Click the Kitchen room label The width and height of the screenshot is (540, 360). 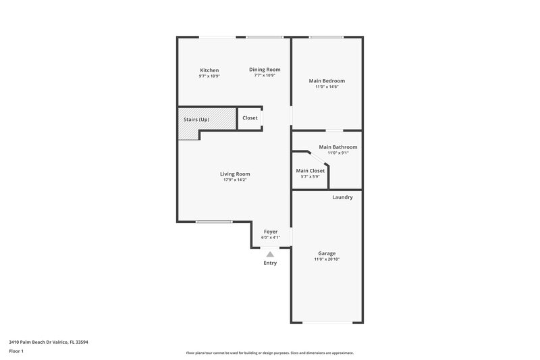coord(209,70)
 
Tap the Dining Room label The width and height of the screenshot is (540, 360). coord(265,70)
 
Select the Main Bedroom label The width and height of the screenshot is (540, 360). coord(326,81)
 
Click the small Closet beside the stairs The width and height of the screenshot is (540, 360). coord(250,118)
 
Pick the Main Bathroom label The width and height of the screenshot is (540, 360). coord(338,147)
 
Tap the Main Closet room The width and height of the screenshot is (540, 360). coord(310,171)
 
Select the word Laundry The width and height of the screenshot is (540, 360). coord(342,197)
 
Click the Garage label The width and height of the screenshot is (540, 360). coord(327,253)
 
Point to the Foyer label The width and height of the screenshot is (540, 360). coord(271,232)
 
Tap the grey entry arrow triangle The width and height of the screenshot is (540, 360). coord(270,254)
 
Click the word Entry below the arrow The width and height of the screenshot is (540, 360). coord(270,263)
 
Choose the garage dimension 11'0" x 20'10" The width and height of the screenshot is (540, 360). coord(327,259)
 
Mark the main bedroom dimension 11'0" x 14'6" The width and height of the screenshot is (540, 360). coord(326,87)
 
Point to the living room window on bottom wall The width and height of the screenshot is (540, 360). coord(214,222)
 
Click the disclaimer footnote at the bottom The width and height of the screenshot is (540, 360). coord(270,353)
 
